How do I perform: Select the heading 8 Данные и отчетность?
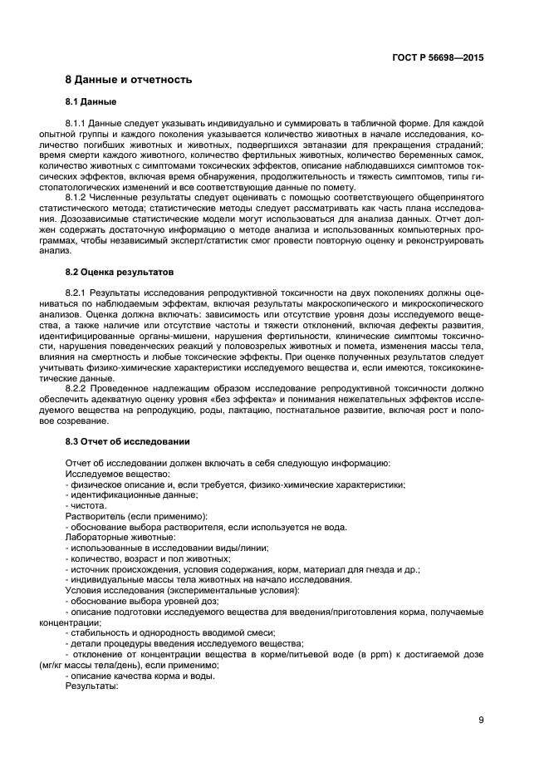tap(129, 80)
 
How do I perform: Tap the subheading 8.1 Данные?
tap(91, 101)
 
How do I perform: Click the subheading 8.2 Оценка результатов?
tap(119, 272)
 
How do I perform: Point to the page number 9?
tap(481, 720)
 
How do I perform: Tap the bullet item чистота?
tap(87, 505)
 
